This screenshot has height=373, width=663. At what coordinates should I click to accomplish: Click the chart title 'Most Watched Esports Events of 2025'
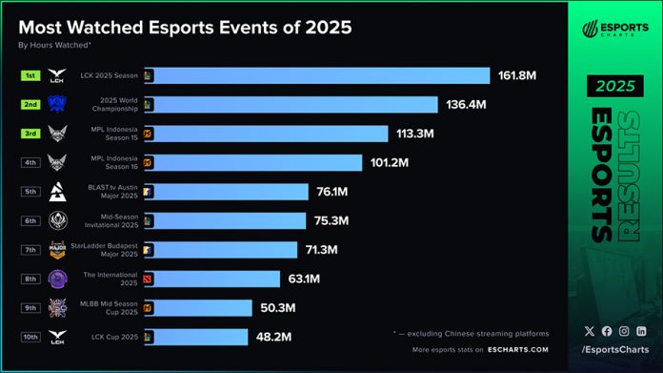tap(185, 28)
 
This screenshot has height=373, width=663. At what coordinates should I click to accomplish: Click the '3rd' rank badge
tap(30, 133)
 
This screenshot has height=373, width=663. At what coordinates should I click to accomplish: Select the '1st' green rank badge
tap(30, 74)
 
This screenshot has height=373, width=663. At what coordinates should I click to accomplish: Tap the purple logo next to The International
tap(58, 279)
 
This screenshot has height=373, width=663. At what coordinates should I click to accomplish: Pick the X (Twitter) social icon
tap(589, 331)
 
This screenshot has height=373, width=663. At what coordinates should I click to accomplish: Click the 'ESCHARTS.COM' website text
tap(518, 351)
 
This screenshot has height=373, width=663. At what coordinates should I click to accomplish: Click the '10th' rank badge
tap(30, 337)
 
